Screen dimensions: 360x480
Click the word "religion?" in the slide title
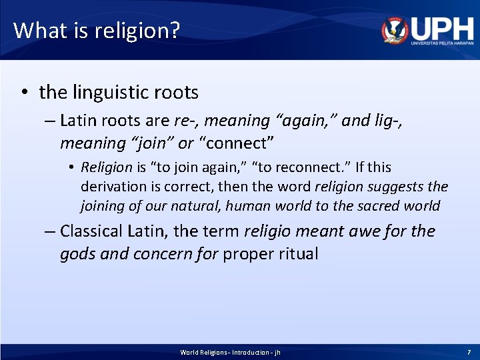[x=141, y=31]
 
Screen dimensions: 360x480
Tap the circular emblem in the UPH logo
[x=395, y=30]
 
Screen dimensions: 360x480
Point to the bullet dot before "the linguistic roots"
[x=23, y=92]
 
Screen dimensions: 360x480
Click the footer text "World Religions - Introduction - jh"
[x=230, y=352]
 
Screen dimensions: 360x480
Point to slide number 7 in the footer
[x=469, y=352]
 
